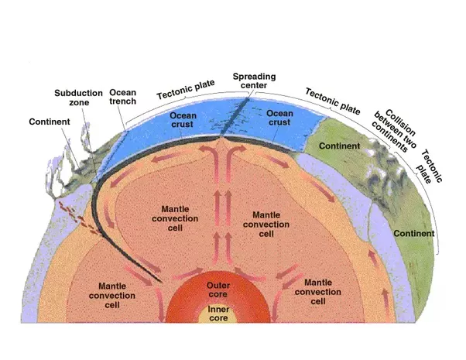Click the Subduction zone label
coord(78,98)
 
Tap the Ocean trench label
coord(123,97)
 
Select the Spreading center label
coord(254,81)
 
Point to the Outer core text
coord(218,290)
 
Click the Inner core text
coord(218,314)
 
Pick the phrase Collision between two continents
coord(395,131)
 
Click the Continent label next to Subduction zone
coord(50,122)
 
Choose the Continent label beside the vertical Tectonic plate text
coord(414,233)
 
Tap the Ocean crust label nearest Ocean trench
coord(183,120)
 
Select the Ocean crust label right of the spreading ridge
coord(279,118)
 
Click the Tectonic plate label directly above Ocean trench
coord(186,89)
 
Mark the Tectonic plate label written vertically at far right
coord(430,166)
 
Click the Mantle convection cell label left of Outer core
coord(112,296)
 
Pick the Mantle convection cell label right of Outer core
coord(318,292)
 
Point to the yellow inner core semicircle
coord(218,313)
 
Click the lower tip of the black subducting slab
coord(161,282)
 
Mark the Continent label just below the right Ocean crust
coord(339,146)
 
